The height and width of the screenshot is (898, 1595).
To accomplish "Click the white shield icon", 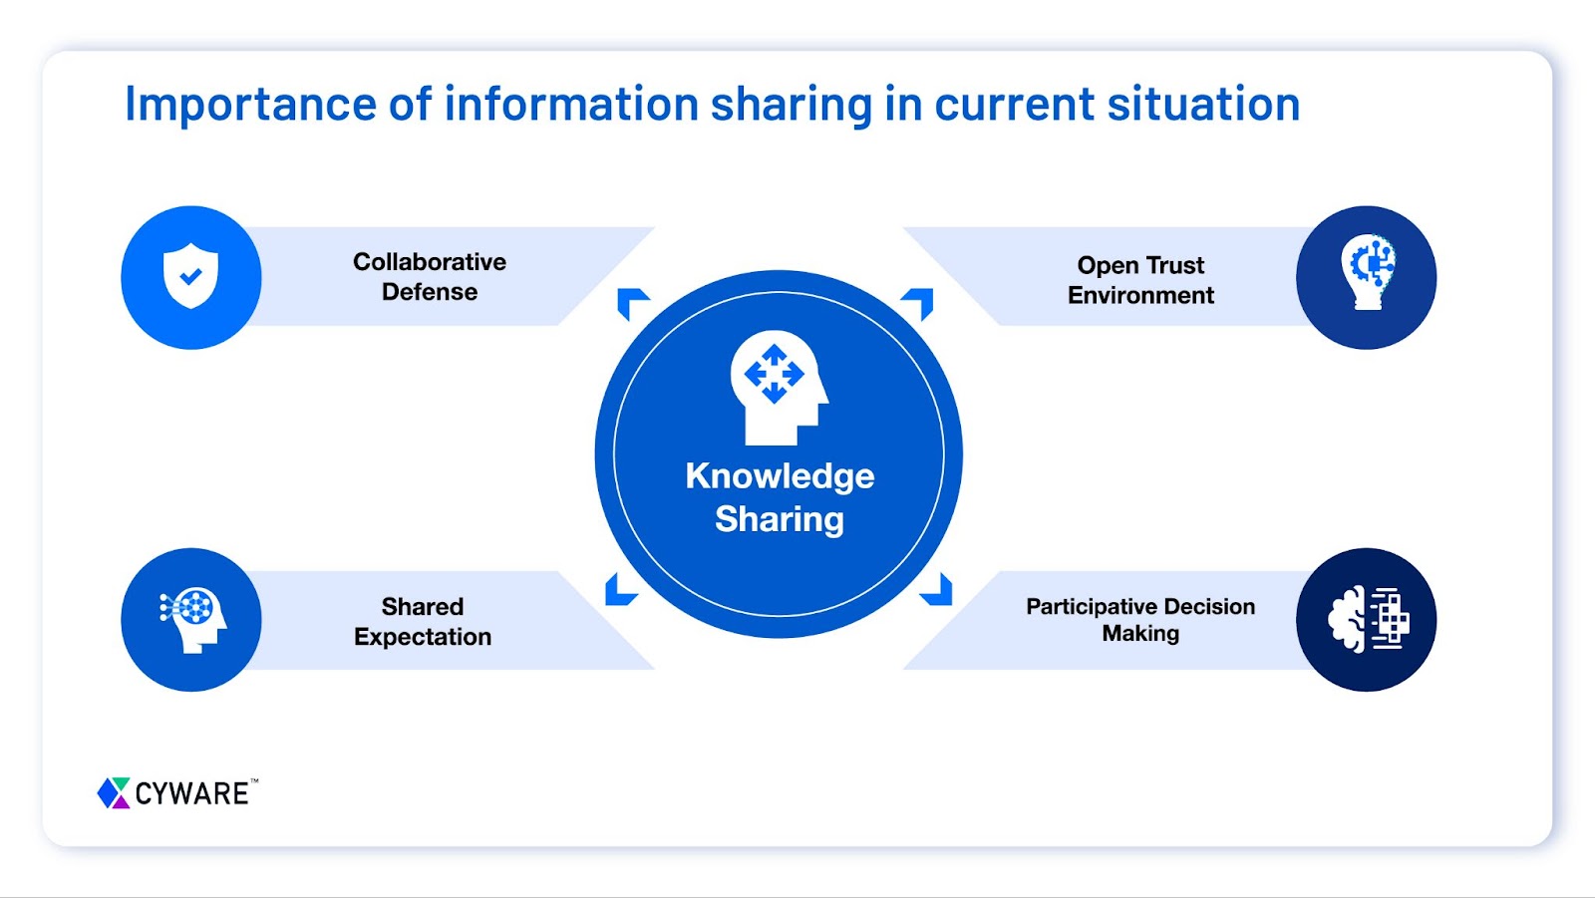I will click(190, 276).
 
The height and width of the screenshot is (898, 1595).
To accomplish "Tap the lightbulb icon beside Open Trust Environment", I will click(1367, 272).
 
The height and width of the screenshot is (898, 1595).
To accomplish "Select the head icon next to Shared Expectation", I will click(193, 618).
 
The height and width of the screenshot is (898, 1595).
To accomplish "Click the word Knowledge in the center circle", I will click(780, 476).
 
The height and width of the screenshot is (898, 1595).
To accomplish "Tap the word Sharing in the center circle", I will click(780, 519).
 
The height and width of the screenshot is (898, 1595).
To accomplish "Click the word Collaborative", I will click(430, 262).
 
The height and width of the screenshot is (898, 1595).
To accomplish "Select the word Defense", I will click(430, 292).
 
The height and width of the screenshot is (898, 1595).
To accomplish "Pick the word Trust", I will click(1175, 265).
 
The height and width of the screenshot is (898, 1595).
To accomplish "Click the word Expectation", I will click(423, 637).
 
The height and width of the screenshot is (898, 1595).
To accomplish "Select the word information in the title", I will click(571, 105).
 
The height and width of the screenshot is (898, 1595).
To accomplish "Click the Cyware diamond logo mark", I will click(114, 793).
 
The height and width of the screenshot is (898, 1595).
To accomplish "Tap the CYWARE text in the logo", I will click(192, 794).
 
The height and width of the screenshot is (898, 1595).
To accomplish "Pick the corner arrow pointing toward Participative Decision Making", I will click(938, 592).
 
